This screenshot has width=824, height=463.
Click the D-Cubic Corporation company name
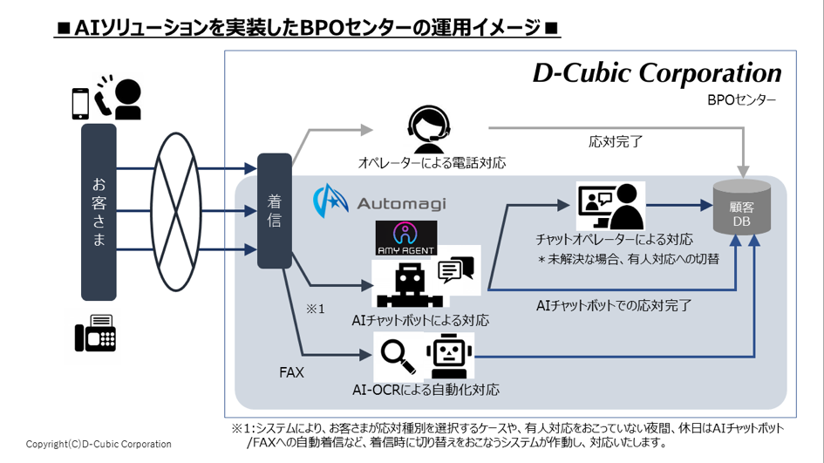[657, 73]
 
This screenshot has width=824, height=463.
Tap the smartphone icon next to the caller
[80, 103]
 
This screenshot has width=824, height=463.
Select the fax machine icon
[95, 332]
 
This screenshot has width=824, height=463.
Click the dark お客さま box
[99, 211]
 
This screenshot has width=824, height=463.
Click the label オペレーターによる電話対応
[432, 163]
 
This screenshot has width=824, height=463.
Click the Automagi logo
[379, 202]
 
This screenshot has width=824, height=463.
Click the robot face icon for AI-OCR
[448, 356]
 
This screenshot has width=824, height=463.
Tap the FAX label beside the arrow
[291, 372]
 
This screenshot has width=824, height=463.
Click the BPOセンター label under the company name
[741, 101]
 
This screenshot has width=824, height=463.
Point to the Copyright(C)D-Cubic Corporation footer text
[99, 444]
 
